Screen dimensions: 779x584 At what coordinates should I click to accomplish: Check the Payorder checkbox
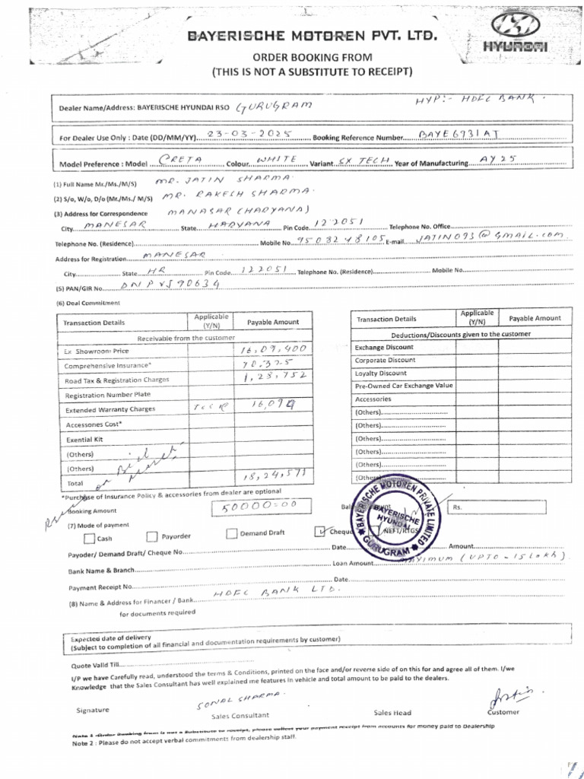pos(151,537)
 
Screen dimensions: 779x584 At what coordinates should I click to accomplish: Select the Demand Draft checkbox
pos(231,533)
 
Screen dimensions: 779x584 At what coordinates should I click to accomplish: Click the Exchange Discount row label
pos(384,347)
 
